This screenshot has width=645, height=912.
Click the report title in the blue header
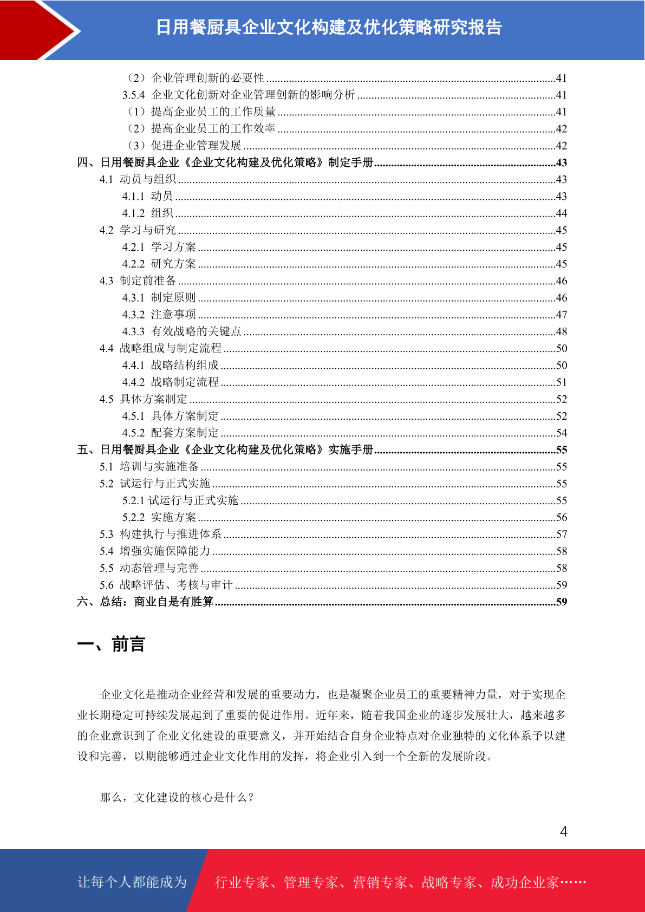pyautogui.click(x=329, y=27)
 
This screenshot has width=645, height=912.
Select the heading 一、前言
pyautogui.click(x=111, y=644)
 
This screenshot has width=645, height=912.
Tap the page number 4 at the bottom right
pyautogui.click(x=563, y=832)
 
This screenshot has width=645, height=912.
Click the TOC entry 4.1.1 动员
pyautogui.click(x=147, y=196)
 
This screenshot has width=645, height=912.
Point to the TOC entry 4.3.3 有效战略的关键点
pyautogui.click(x=181, y=331)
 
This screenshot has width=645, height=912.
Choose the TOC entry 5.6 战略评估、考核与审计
pyautogui.click(x=166, y=585)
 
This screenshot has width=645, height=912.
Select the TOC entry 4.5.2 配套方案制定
pyautogui.click(x=170, y=433)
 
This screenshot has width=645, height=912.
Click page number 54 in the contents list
pyautogui.click(x=562, y=433)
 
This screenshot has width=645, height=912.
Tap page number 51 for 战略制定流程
pyautogui.click(x=562, y=382)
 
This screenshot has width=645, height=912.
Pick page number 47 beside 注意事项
pyautogui.click(x=562, y=315)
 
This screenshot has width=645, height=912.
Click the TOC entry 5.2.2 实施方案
pyautogui.click(x=159, y=517)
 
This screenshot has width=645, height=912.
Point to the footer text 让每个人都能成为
pyautogui.click(x=132, y=882)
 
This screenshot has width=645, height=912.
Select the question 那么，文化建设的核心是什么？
pyautogui.click(x=177, y=797)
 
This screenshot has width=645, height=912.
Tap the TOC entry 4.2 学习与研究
pyautogui.click(x=138, y=230)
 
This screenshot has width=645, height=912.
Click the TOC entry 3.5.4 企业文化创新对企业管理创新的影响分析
pyautogui.click(x=238, y=95)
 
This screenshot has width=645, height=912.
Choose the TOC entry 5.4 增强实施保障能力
pyautogui.click(x=155, y=551)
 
